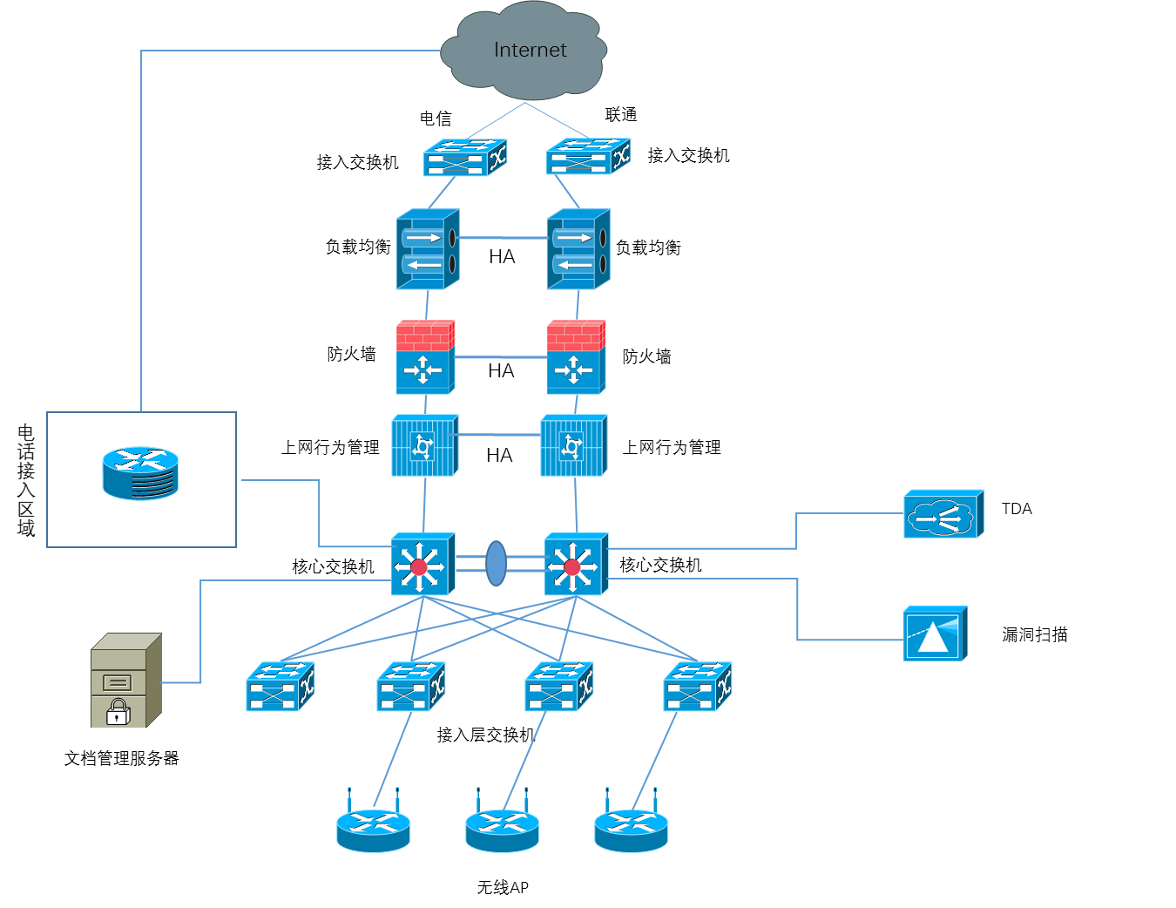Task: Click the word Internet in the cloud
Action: click(530, 51)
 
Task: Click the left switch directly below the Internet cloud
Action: click(464, 158)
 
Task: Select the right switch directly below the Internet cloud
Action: click(588, 157)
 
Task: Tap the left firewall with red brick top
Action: click(426, 357)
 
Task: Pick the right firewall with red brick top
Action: click(576, 357)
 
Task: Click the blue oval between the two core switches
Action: click(496, 564)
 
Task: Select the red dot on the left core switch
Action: click(419, 567)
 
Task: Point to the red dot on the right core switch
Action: click(572, 567)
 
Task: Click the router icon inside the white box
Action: click(140, 473)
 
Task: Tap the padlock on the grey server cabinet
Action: click(118, 712)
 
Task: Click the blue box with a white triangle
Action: click(935, 634)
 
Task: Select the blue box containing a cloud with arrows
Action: click(943, 515)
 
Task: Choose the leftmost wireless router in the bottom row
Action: click(373, 829)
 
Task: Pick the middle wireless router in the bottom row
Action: click(502, 829)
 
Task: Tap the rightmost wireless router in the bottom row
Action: click(631, 829)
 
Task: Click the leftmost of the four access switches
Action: click(280, 687)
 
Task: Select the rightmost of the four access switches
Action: click(697, 687)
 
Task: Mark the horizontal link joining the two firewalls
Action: click(501, 357)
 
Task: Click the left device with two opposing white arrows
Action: click(427, 250)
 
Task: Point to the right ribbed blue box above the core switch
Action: click(573, 446)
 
